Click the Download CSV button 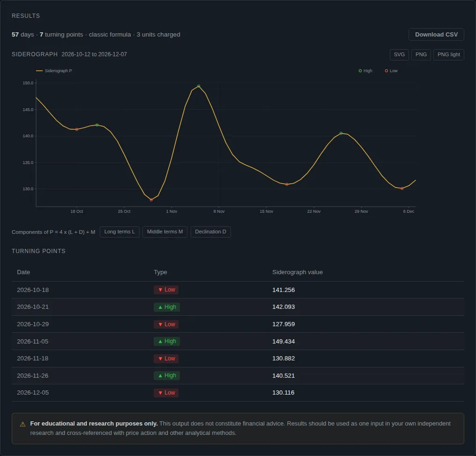coord(436,35)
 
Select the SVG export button coord(399,55)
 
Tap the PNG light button coord(448,55)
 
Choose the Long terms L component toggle coord(119,232)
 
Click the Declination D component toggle coord(210,232)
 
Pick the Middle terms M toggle coord(165,232)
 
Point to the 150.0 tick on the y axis coord(28,83)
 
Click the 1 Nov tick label coord(171,211)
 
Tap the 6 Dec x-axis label coord(409,211)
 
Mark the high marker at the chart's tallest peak coord(199,86)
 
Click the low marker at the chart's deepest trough coord(151,200)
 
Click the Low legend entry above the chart coord(391,71)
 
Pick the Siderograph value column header coord(297,272)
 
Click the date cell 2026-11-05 coord(32,342)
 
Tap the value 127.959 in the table coord(283,324)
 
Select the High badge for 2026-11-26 coord(167,375)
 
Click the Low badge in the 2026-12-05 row coord(166,393)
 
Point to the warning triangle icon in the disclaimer coord(23,424)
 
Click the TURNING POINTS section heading coord(38,251)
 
